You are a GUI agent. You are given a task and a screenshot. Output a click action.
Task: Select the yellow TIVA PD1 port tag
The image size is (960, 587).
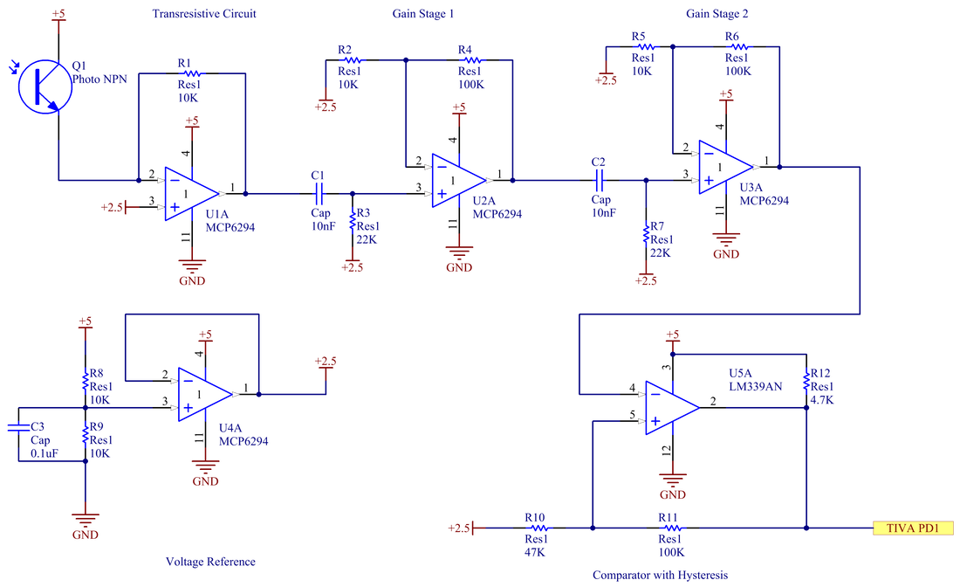(913, 528)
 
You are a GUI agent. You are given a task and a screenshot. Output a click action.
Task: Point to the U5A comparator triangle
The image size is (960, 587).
(672, 407)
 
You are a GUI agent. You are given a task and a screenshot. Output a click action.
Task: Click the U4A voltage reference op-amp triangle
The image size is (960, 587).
(205, 394)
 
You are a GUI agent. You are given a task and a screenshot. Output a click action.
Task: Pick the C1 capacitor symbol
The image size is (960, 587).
(318, 194)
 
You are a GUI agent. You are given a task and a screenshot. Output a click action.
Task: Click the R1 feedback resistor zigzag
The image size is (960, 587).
(192, 73)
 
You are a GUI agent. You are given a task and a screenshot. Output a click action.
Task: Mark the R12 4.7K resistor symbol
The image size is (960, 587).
(806, 381)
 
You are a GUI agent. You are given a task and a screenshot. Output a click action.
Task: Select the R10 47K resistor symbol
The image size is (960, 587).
(538, 528)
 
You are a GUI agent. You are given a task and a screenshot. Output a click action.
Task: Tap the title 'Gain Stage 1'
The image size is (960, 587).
(423, 13)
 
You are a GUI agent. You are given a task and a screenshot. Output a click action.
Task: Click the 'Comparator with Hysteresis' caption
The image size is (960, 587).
(660, 575)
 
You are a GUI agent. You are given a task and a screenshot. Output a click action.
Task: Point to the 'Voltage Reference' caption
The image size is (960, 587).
(210, 562)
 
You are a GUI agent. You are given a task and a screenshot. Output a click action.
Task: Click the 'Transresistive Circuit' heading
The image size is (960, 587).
(204, 13)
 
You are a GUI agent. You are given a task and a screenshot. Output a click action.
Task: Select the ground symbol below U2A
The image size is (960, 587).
(458, 252)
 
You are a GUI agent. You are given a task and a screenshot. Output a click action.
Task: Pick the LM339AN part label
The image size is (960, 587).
(756, 387)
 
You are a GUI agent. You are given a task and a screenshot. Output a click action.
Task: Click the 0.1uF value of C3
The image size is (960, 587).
(45, 453)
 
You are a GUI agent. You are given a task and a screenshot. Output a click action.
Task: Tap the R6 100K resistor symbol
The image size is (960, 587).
(739, 46)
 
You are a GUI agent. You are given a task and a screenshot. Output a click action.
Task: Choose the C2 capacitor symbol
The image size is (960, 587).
(599, 180)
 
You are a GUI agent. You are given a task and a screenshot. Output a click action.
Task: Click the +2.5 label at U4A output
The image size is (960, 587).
(326, 362)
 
